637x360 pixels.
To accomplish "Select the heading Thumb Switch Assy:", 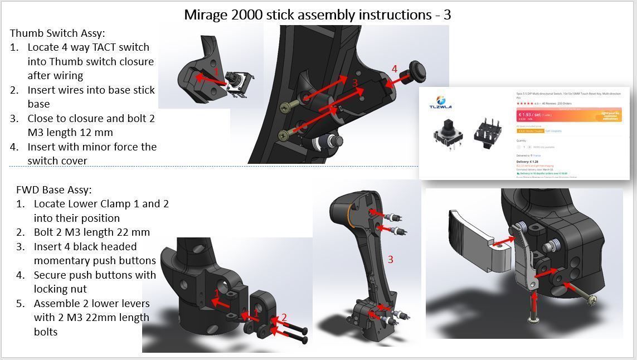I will point(57,33).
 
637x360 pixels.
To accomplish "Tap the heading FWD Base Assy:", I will point(54,190).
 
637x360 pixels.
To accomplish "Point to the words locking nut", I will point(60,289).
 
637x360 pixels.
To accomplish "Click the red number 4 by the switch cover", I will point(395,69).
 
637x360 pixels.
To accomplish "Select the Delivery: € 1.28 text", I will point(527,162).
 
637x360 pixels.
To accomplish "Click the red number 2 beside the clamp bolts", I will point(284,318).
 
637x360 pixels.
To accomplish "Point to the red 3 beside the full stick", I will point(390,259).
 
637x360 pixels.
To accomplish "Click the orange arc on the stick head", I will point(349,214).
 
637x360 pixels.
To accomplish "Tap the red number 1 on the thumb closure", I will point(216,72).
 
